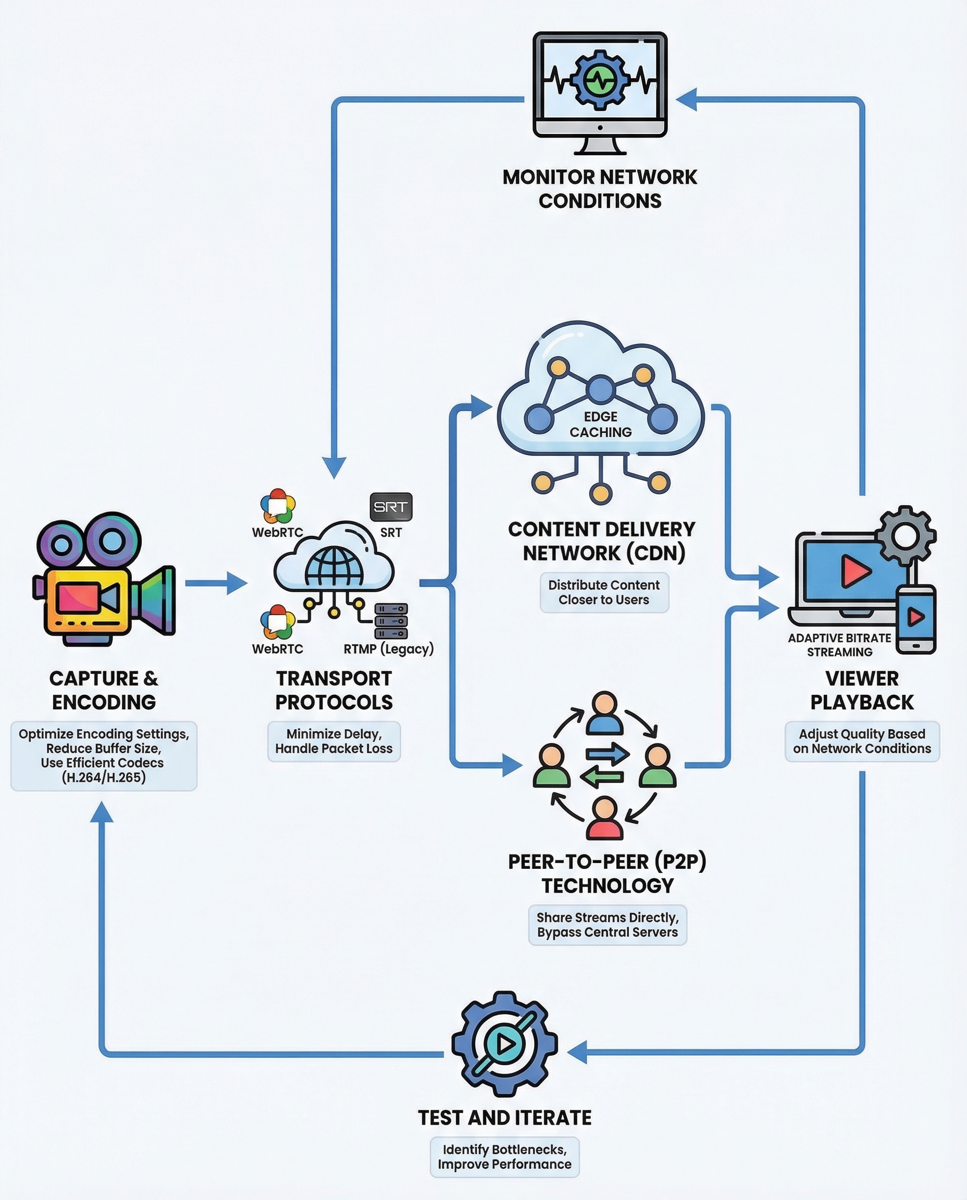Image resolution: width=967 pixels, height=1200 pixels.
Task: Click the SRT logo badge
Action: coord(391,507)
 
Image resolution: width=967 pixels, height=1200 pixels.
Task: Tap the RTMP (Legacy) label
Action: coord(388,649)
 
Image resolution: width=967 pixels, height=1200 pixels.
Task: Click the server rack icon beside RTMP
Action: coord(391,621)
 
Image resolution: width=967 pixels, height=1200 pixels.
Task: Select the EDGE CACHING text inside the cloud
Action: coord(601,424)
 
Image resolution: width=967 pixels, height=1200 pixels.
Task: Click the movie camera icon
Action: coord(104,579)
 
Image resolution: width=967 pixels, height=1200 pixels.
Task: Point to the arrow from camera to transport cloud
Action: coord(216,583)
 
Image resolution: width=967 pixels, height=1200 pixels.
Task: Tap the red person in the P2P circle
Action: coord(604,819)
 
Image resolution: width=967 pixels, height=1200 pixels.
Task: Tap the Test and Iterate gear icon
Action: coord(504,1044)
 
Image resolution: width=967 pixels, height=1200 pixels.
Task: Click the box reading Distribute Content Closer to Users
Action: coord(604,593)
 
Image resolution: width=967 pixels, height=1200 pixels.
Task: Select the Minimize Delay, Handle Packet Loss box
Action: coord(333,741)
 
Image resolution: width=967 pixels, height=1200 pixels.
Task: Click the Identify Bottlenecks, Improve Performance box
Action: coord(505,1157)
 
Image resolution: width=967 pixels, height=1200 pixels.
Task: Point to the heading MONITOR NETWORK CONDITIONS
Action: coord(600,189)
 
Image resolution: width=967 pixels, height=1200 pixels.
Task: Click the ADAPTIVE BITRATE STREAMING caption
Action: coord(839,645)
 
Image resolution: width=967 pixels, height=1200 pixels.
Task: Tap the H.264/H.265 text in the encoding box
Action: coord(104,778)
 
